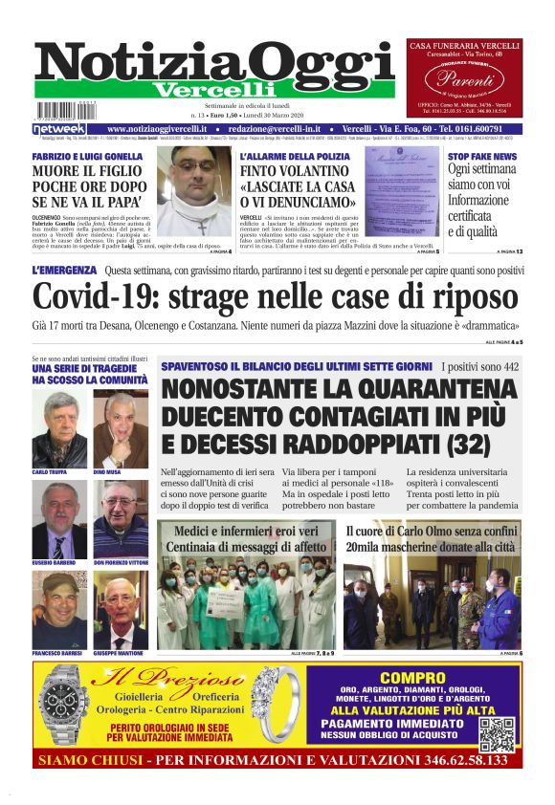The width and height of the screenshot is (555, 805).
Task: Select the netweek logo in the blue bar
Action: pos(59,128)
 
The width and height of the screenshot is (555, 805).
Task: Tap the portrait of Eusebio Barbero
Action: pos(59,520)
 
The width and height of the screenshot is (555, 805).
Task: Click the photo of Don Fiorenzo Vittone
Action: pos(120,520)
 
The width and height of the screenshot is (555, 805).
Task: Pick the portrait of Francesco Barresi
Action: pos(59,611)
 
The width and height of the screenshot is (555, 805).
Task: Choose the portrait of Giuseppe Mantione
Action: pos(120,611)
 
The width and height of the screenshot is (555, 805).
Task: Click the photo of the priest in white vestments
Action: pos(195,191)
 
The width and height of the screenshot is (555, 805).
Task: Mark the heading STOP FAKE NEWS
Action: pos(482,156)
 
